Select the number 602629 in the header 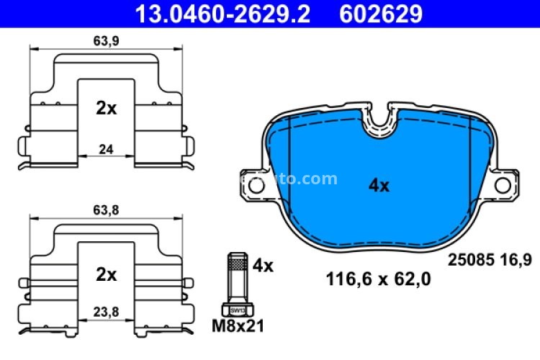tap(382, 13)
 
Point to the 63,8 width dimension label tap(107, 213)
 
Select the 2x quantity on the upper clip tap(107, 108)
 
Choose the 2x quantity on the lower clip tap(107, 274)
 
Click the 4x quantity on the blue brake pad tap(379, 185)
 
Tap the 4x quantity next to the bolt tap(264, 266)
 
